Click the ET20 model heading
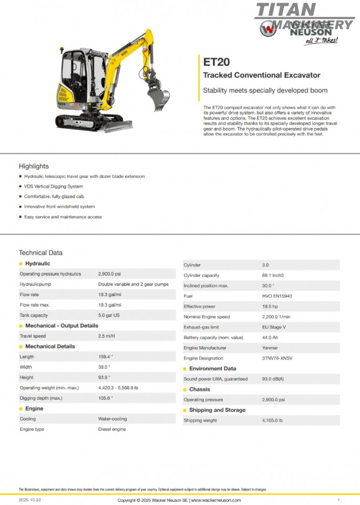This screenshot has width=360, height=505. [216, 62]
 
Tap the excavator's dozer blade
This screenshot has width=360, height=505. [118, 126]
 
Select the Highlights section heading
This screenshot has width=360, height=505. [34, 166]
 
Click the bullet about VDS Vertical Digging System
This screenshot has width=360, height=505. [53, 186]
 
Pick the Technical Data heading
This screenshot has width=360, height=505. [40, 252]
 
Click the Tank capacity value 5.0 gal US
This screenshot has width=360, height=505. [110, 315]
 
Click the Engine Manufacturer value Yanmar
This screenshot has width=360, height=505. [271, 348]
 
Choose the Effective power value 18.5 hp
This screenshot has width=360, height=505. [271, 306]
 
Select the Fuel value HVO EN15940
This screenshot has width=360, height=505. [277, 296]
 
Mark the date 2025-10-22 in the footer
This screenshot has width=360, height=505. [29, 500]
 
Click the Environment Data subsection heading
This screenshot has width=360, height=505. [212, 369]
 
